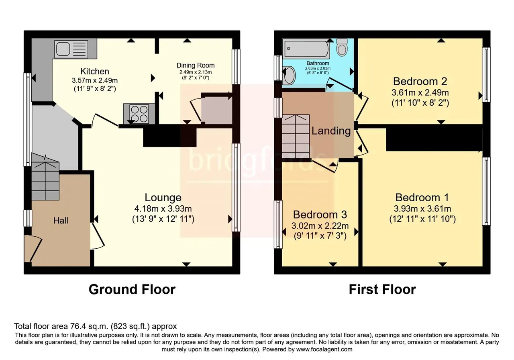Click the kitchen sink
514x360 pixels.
71,49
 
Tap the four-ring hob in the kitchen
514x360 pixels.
139,114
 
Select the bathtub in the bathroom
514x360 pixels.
306,49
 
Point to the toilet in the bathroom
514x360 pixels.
342,47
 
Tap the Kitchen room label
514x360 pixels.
94,72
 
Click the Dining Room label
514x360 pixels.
196,65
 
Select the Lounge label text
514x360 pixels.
163,197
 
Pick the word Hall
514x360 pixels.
61,221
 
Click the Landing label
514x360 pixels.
331,131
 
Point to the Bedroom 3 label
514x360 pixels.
320,215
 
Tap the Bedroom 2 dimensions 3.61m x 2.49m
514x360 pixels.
420,92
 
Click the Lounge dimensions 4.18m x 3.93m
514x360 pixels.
163,209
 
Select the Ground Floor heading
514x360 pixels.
132,289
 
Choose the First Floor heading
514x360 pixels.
382,289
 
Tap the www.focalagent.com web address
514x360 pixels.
324,350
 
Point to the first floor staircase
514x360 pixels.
296,136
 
